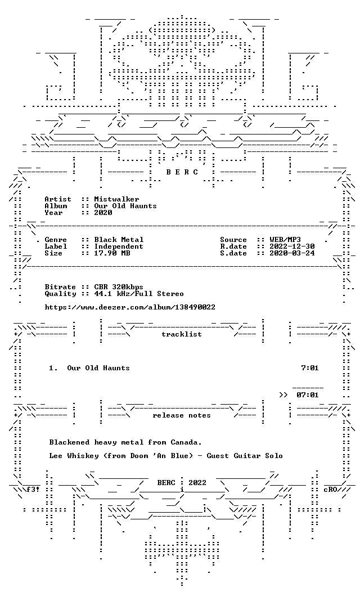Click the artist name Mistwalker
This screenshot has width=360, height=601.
[116, 199]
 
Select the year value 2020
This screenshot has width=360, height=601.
[103, 213]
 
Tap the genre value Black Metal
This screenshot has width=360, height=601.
[119, 240]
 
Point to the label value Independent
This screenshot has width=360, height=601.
[119, 246]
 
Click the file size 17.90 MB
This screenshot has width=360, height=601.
[112, 253]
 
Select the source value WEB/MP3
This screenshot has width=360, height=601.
[285, 240]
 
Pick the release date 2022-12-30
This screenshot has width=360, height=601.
[292, 246]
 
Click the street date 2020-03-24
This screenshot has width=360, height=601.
[292, 253]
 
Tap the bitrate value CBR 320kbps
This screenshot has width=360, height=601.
[119, 287]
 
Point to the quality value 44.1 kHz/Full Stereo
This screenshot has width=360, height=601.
[139, 294]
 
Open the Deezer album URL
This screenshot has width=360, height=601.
[130, 307]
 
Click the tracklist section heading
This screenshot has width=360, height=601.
[182, 334]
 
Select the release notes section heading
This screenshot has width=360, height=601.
[182, 415]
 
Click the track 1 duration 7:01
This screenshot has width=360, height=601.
[310, 368]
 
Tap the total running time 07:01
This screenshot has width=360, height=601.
[308, 395]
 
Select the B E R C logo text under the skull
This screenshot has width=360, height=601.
[182, 172]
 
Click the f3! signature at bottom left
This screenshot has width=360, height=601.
[33, 490]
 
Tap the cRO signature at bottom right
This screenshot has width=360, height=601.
[330, 490]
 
